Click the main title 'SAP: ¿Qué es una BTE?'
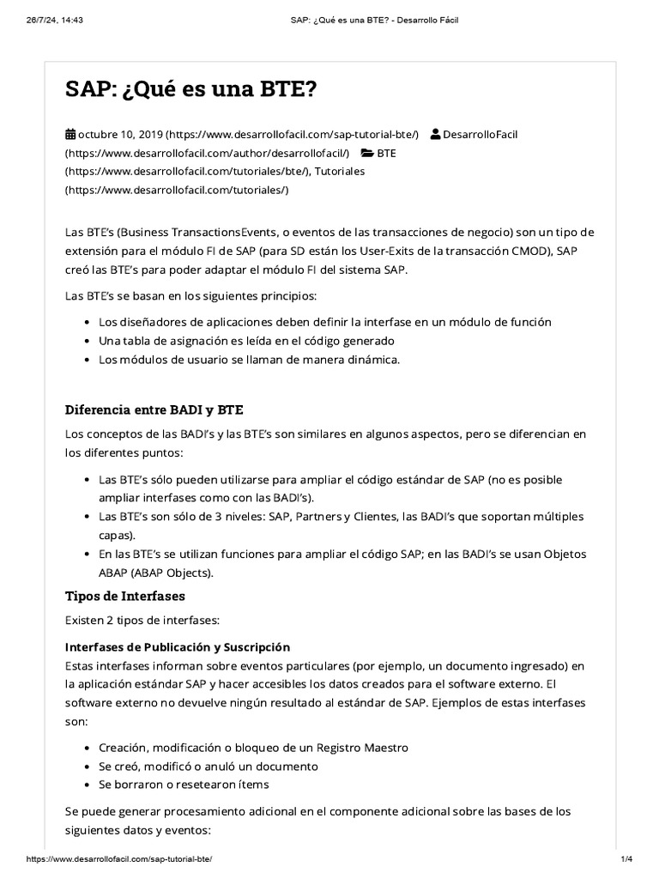[191, 90]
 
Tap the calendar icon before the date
[70, 134]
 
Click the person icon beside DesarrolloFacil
[436, 134]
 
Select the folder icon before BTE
[366, 153]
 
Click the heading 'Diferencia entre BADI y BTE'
[154, 409]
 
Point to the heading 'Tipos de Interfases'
[125, 595]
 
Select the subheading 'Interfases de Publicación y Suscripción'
[178, 646]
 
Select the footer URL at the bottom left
[119, 859]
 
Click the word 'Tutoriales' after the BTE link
[340, 172]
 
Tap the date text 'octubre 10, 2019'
[120, 134]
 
